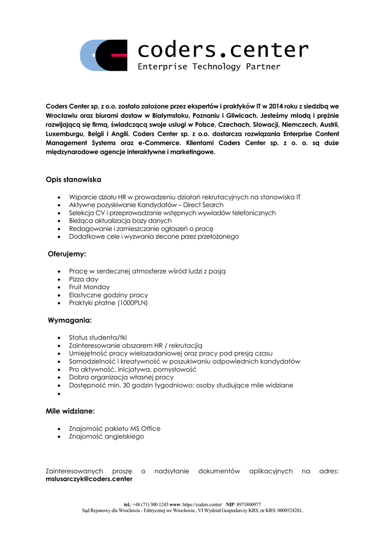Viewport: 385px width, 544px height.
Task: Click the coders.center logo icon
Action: pyautogui.click(x=104, y=55)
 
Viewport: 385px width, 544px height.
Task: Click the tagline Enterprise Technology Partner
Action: pyautogui.click(x=209, y=67)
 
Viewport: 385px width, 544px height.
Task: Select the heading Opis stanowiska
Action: pyautogui.click(x=73, y=180)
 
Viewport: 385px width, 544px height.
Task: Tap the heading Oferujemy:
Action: pyautogui.click(x=67, y=254)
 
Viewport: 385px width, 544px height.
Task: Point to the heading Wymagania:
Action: pyautogui.click(x=70, y=320)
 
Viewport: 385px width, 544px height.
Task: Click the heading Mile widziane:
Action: pyautogui.click(x=71, y=411)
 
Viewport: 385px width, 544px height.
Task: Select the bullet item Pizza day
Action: pyautogui.click(x=83, y=279)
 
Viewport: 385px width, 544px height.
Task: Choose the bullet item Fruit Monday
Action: pyautogui.click(x=89, y=287)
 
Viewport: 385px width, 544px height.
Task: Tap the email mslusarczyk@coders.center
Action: pyautogui.click(x=89, y=479)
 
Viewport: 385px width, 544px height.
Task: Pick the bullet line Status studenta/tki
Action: pyautogui.click(x=98, y=337)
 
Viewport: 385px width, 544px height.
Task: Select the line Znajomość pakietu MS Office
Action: pyautogui.click(x=114, y=428)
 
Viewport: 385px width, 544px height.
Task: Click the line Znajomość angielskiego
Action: pyautogui.click(x=106, y=436)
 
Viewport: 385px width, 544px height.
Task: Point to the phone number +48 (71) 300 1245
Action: pyautogui.click(x=150, y=504)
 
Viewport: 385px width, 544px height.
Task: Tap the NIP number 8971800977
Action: pyautogui.click(x=249, y=504)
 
